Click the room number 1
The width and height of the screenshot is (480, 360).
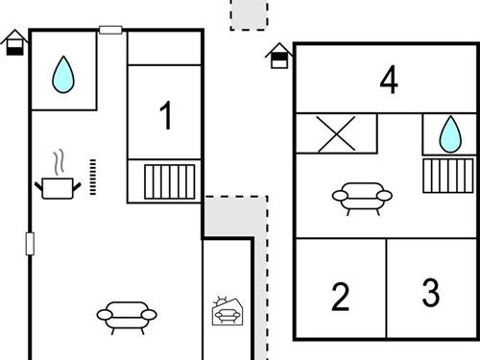(166, 116)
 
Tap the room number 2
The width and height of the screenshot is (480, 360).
(340, 298)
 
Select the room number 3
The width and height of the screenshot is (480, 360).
(431, 292)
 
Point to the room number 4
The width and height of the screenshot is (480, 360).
(388, 81)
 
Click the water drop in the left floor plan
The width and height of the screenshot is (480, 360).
(63, 74)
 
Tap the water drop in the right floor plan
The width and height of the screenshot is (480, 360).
(450, 134)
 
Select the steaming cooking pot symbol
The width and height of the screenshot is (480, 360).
(57, 178)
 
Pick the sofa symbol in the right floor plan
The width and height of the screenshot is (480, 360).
(362, 198)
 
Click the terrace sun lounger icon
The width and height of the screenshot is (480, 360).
(228, 312)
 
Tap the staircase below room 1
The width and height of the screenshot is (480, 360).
(170, 180)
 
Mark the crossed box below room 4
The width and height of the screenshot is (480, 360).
(336, 133)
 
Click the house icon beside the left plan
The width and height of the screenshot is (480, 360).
(14, 42)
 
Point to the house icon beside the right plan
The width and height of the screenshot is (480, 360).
(278, 56)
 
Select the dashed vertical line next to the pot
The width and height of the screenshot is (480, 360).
(93, 177)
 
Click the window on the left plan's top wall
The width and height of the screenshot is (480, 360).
(111, 31)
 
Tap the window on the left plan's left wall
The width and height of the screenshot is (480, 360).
(30, 243)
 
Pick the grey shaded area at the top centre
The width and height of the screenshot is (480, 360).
(250, 14)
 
